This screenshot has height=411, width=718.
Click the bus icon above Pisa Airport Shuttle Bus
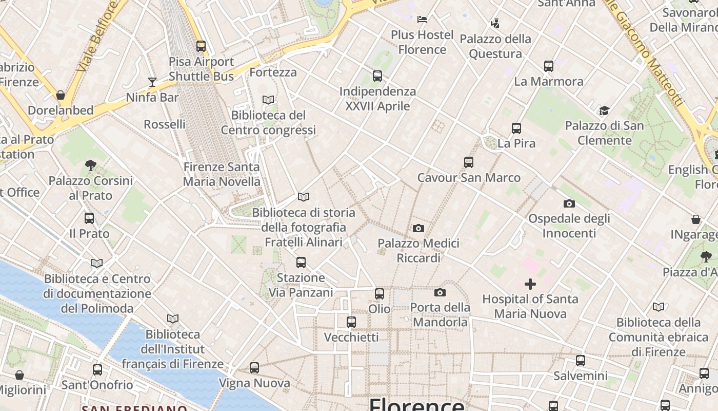[x=201, y=46]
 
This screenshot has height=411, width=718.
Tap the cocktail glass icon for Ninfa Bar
[x=152, y=82]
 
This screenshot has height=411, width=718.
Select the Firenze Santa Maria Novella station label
[x=222, y=174]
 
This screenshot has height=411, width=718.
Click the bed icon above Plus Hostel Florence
[x=422, y=20]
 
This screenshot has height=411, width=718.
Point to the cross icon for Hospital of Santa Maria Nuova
[x=530, y=284]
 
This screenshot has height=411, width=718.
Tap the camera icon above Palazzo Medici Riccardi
[x=418, y=228]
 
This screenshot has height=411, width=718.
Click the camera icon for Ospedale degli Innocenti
[x=569, y=203]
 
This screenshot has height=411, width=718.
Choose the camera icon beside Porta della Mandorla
[x=440, y=292]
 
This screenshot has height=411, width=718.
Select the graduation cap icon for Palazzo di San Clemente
[x=604, y=110]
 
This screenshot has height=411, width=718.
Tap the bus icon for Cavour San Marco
[x=469, y=162]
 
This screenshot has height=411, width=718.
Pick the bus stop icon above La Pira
[x=516, y=128]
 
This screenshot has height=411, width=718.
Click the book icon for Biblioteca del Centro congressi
[x=268, y=100]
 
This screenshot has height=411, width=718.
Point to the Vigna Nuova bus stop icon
[x=254, y=368]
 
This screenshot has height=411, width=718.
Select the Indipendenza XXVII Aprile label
[x=377, y=99]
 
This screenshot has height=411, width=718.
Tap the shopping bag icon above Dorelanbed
[x=61, y=95]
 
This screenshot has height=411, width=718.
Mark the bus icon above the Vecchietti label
[x=351, y=322]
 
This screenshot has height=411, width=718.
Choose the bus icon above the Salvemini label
[x=581, y=361]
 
